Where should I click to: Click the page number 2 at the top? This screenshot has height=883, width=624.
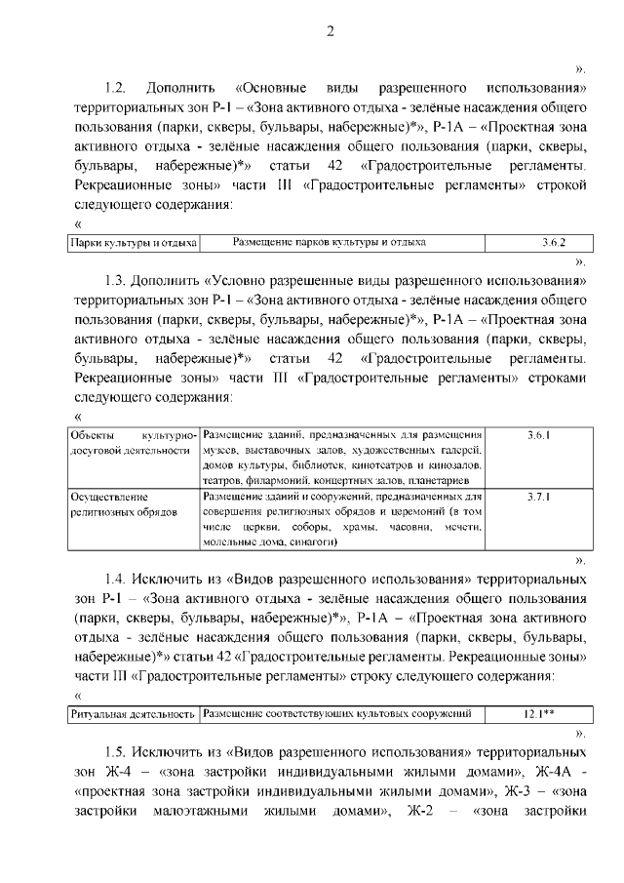(x=331, y=31)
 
